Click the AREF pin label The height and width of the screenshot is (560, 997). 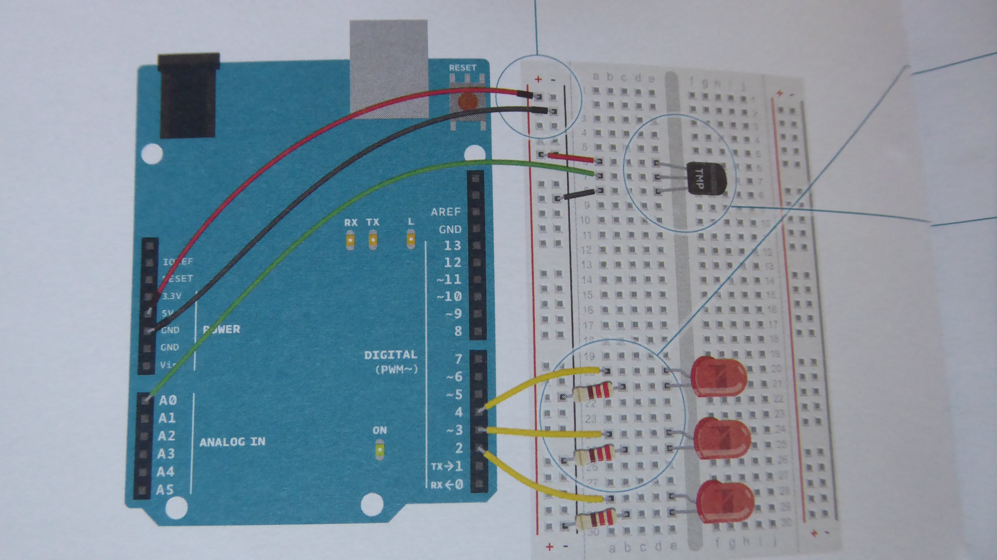(x=446, y=212)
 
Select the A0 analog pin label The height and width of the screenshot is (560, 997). (x=167, y=400)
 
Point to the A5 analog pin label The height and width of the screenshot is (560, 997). (x=165, y=490)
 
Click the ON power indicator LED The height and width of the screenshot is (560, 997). (x=380, y=451)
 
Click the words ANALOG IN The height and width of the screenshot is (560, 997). (x=232, y=442)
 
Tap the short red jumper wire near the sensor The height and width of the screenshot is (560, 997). (x=571, y=158)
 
